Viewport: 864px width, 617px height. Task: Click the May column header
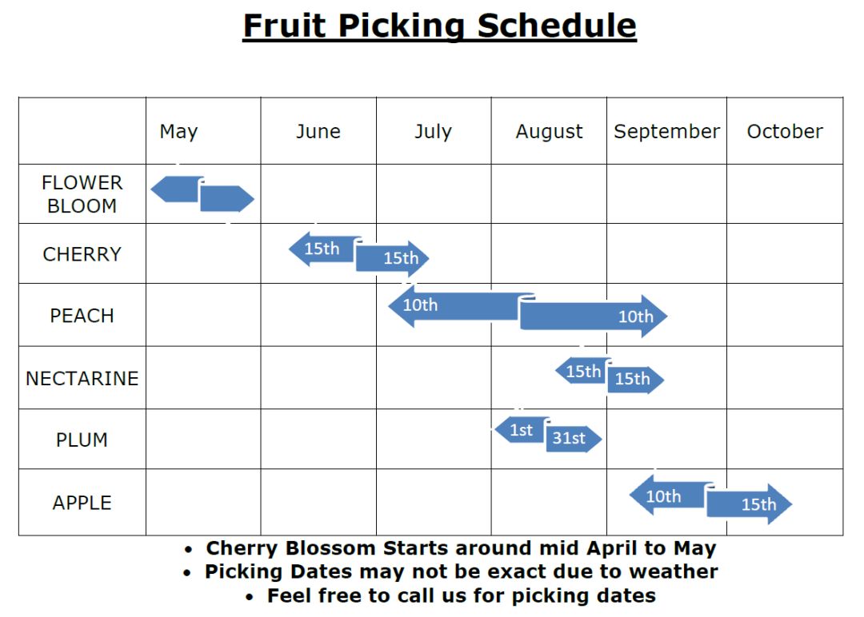pos(178,132)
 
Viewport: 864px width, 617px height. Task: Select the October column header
pos(785,132)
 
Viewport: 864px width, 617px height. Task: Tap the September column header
pos(666,132)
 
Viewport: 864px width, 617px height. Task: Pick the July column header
pos(433,132)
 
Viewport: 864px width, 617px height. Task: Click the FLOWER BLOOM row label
pos(82,194)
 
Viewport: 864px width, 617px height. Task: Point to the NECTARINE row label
pos(82,379)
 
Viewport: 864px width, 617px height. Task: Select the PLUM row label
pos(82,440)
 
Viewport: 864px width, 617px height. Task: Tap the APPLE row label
pos(82,503)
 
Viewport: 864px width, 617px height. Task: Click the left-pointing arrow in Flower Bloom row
pos(176,189)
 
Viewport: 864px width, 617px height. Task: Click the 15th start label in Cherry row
pos(322,249)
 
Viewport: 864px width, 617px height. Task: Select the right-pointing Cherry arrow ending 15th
pos(392,258)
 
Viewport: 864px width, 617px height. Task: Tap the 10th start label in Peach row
pos(421,305)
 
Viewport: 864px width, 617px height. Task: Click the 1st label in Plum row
pos(522,430)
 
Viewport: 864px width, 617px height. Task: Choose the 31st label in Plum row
pos(570,438)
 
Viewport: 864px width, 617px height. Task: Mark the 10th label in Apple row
pos(663,496)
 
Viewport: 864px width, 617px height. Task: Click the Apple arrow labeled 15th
pos(750,504)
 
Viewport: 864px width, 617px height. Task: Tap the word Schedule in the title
pos(557,26)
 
